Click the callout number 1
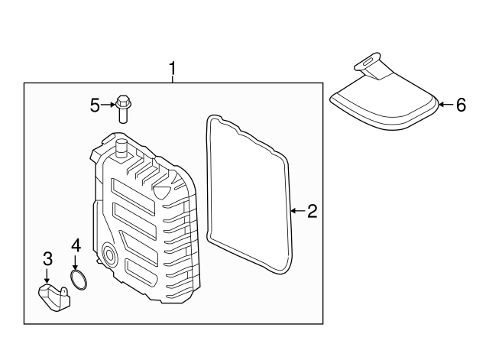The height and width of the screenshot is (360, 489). [172, 69]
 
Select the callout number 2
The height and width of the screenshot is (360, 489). [313, 211]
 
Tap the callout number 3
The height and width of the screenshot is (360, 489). [47, 259]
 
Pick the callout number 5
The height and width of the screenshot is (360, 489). [95, 105]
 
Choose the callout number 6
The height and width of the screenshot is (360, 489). [461, 105]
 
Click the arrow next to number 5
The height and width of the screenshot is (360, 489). [108, 105]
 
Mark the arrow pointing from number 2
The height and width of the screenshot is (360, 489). [298, 211]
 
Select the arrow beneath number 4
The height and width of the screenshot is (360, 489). [75, 262]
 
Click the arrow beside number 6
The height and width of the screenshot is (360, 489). [446, 105]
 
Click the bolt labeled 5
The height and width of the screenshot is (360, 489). [123, 109]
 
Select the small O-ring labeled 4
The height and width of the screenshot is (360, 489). [78, 280]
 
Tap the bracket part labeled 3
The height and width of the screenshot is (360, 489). [53, 297]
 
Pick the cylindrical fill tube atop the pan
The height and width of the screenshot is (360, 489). [121, 148]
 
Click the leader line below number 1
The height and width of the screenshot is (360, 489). [172, 79]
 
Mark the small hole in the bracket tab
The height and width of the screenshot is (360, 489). [63, 291]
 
